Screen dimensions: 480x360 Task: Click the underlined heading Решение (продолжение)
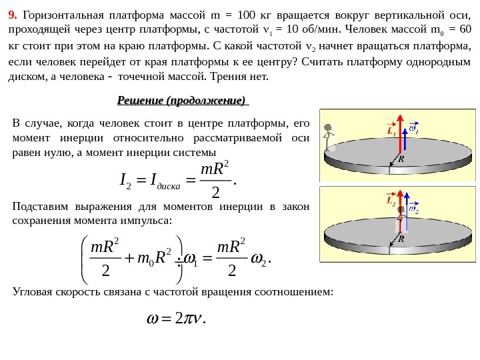[x=181, y=101]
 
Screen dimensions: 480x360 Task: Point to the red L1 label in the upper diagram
[x=391, y=131]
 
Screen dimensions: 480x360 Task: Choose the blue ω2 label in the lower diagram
[x=414, y=209]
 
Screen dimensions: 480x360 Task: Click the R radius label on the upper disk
[x=401, y=159]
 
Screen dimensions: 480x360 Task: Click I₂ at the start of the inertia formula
[x=125, y=179]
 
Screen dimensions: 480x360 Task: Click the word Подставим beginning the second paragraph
[x=41, y=206]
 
